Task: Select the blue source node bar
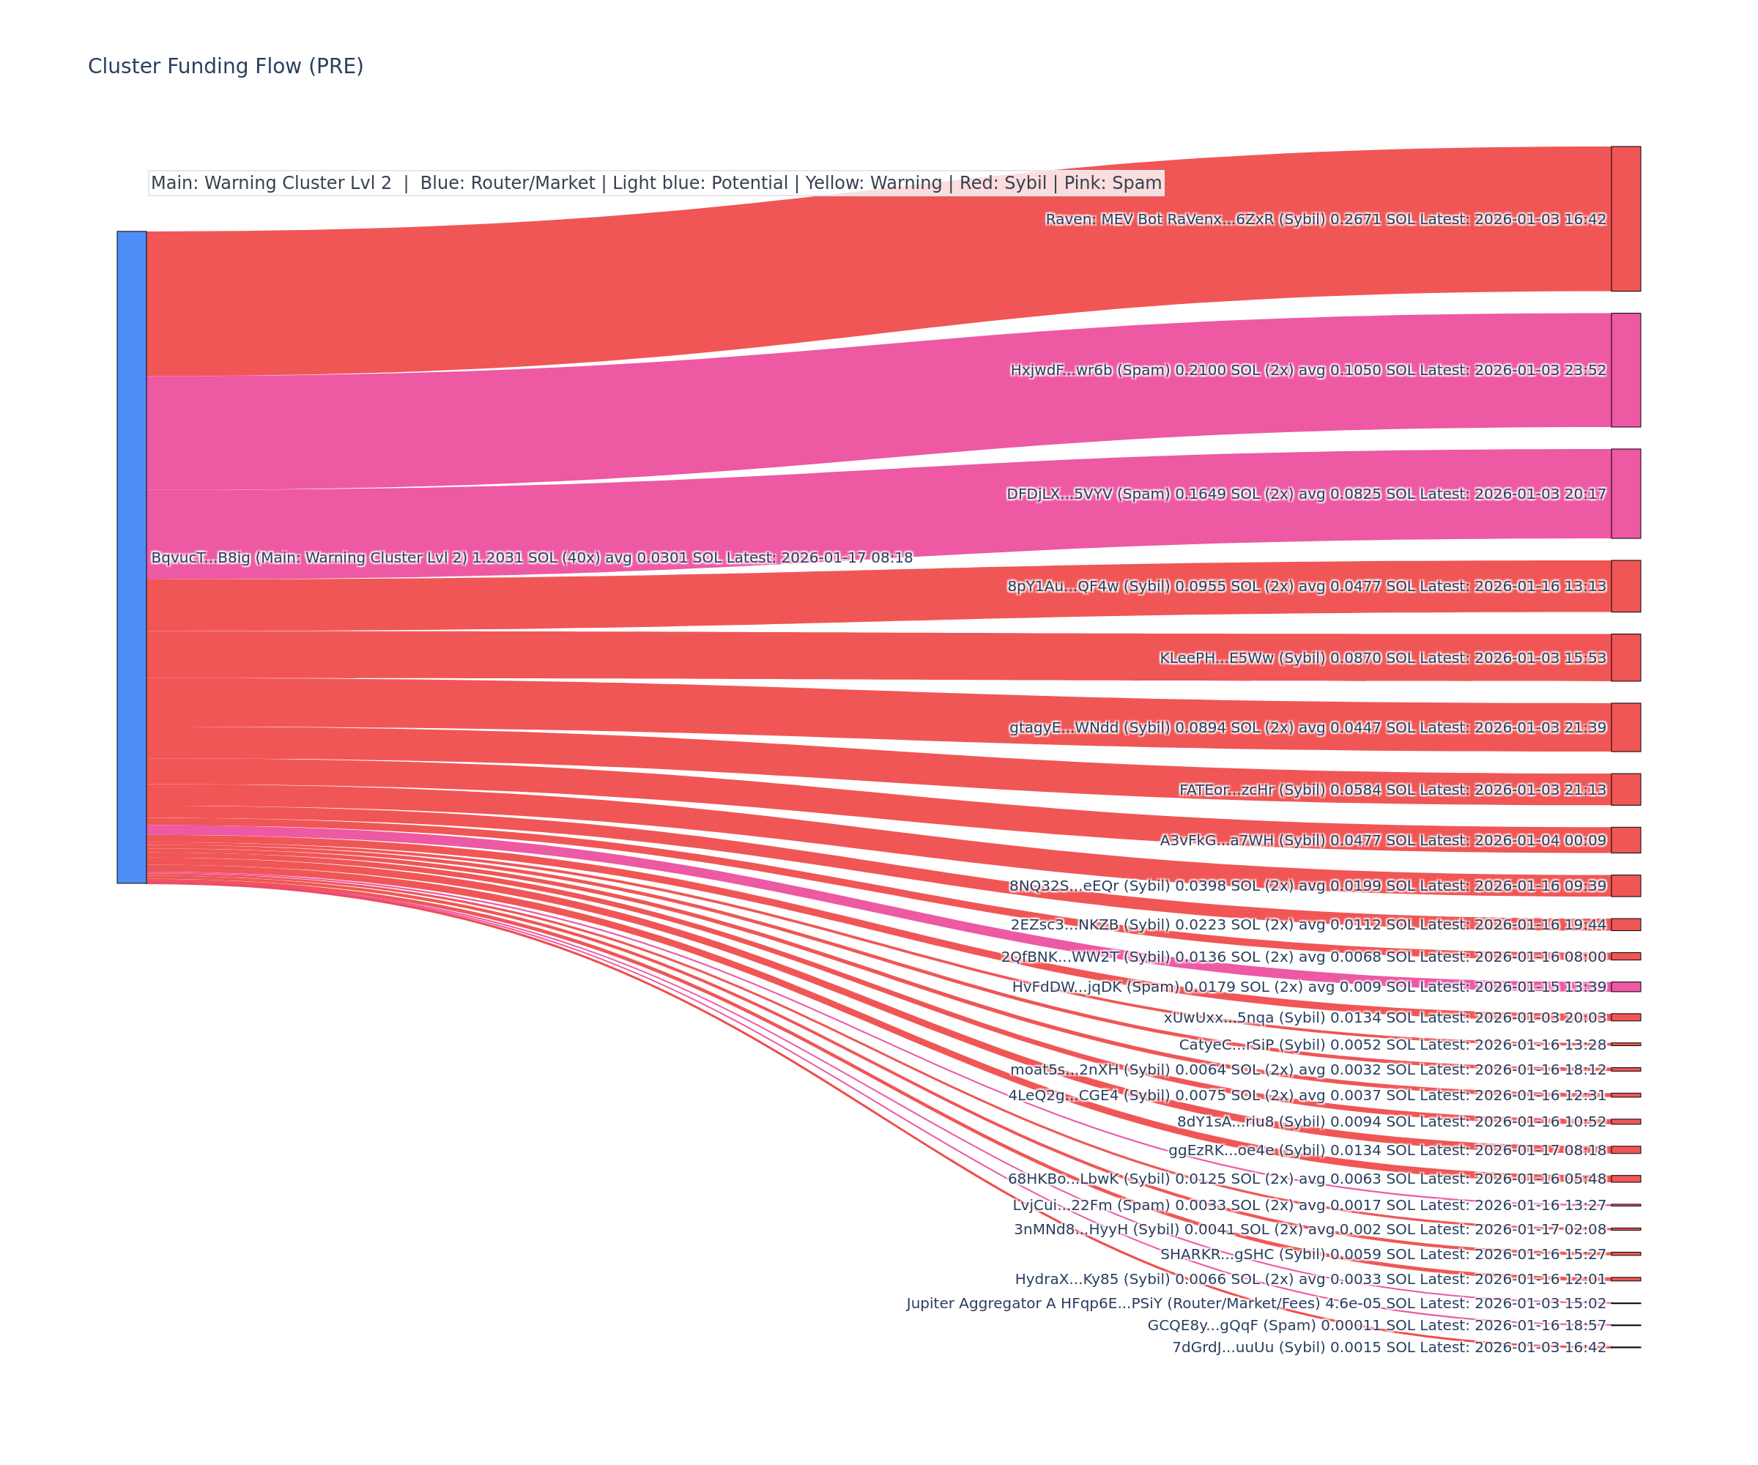(x=131, y=557)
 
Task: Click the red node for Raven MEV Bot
(x=1625, y=218)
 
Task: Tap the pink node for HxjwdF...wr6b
(x=1625, y=370)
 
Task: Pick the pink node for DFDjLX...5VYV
(x=1625, y=493)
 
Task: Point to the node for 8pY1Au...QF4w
(x=1625, y=586)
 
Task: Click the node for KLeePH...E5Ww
(x=1625, y=657)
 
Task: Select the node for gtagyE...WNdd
(x=1625, y=727)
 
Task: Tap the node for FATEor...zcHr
(x=1625, y=790)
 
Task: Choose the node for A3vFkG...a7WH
(x=1625, y=839)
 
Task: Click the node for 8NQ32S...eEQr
(x=1625, y=886)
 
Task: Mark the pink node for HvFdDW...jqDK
(x=1625, y=987)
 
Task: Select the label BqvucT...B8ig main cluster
(x=532, y=557)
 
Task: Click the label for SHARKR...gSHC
(x=1383, y=1254)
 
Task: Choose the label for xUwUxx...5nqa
(x=1384, y=1018)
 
